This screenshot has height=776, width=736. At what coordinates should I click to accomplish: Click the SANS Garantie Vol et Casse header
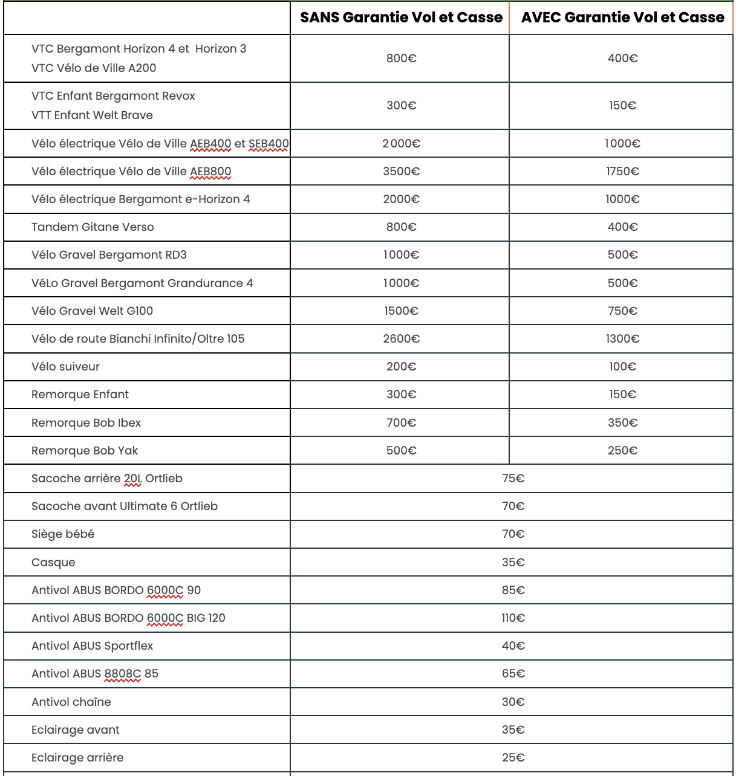(x=401, y=18)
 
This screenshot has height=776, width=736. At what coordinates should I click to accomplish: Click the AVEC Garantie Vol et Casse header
(x=622, y=18)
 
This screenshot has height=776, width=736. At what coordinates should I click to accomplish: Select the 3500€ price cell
(x=401, y=172)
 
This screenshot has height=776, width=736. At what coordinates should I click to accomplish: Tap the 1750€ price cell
(x=622, y=172)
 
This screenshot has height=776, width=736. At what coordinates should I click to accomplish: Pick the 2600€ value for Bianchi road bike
(x=401, y=339)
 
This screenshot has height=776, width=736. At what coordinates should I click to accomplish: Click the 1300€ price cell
(x=622, y=339)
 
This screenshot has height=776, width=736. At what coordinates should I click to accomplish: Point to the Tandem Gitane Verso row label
(x=93, y=227)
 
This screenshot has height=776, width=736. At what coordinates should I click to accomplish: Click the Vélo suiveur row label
(x=65, y=367)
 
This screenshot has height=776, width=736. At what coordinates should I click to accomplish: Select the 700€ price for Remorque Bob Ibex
(x=401, y=423)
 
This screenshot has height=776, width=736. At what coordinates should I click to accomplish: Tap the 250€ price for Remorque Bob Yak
(x=622, y=451)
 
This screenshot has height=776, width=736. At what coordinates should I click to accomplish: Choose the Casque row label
(x=53, y=563)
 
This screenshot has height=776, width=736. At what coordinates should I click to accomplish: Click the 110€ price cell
(x=513, y=618)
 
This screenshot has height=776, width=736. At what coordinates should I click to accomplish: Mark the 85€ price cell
(x=513, y=590)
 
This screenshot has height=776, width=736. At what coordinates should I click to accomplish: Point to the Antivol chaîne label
(x=71, y=702)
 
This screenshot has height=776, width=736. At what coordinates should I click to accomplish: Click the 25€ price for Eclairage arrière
(x=513, y=758)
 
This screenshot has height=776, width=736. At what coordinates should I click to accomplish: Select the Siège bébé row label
(x=63, y=534)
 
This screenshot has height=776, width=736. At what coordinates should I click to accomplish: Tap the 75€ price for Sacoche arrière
(x=513, y=479)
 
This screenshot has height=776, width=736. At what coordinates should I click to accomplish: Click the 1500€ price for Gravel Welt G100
(x=401, y=311)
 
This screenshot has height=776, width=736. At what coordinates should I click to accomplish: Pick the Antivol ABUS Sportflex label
(x=92, y=646)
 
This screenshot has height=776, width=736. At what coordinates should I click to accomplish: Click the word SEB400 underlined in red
(x=269, y=144)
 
